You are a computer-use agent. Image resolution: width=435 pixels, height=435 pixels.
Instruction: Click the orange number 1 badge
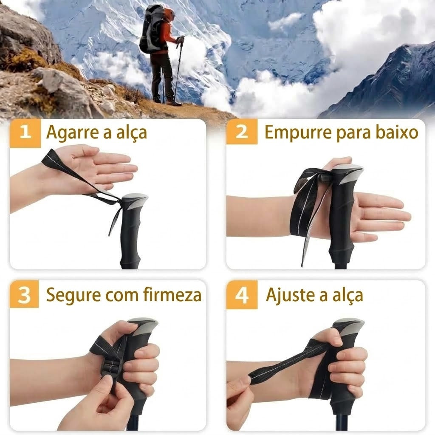tap(25, 133)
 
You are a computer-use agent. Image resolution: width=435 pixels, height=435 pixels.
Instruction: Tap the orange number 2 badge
tap(242, 132)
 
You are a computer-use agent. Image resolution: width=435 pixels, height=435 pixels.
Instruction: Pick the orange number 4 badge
tap(242, 295)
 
